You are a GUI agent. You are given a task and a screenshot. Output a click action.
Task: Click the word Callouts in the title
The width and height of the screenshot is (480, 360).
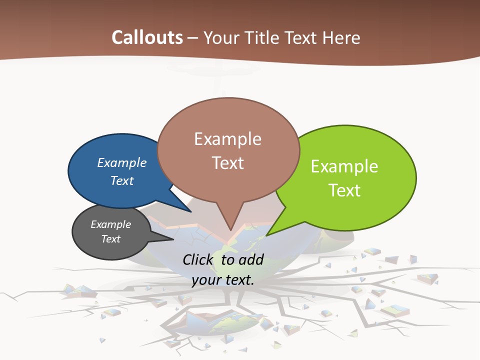point(147,37)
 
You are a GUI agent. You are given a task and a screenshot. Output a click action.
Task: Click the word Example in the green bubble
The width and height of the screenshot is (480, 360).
point(344,166)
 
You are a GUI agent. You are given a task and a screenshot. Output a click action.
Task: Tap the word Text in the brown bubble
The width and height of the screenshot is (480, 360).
point(228,163)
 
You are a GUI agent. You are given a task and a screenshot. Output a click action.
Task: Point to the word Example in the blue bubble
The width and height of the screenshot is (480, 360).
point(121,162)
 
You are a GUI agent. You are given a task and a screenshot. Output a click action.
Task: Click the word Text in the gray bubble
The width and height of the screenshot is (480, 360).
point(111,239)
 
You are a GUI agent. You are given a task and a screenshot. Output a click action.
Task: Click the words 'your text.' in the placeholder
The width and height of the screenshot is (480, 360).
point(223,280)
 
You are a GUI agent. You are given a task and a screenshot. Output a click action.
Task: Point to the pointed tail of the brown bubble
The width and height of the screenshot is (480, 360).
point(230,225)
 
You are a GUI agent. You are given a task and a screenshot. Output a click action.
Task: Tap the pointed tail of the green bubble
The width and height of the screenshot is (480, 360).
point(272,231)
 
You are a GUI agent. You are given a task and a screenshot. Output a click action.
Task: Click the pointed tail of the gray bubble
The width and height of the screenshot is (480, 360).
point(167,239)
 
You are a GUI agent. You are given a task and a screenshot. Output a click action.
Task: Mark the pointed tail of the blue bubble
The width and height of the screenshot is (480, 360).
point(185,207)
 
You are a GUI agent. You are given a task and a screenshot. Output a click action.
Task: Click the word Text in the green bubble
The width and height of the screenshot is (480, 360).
point(344,190)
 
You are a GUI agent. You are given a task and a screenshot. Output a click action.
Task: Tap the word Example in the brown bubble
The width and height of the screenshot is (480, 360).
point(228,139)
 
